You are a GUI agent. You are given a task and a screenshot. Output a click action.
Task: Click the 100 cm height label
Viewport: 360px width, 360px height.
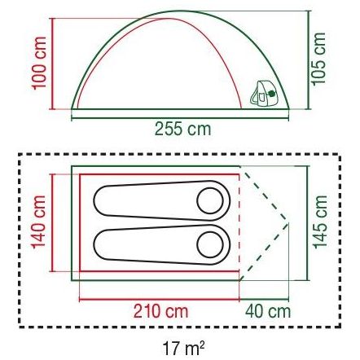[39, 63]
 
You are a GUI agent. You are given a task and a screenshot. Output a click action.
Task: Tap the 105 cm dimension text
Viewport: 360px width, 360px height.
[318, 59]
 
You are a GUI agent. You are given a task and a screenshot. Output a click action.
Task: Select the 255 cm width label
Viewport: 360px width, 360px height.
[182, 129]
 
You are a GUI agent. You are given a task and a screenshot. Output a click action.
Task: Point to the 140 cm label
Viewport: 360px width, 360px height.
[39, 222]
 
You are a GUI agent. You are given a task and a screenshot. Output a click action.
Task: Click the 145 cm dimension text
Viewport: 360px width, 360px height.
[320, 222]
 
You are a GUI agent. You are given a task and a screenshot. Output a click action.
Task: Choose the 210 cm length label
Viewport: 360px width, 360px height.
[160, 311]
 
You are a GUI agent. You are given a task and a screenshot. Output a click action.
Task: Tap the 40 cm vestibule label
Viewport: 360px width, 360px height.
[268, 311]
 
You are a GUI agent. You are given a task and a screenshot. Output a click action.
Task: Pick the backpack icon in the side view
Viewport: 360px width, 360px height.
[263, 93]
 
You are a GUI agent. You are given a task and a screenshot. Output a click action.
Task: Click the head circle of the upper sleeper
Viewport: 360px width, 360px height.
[210, 201]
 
